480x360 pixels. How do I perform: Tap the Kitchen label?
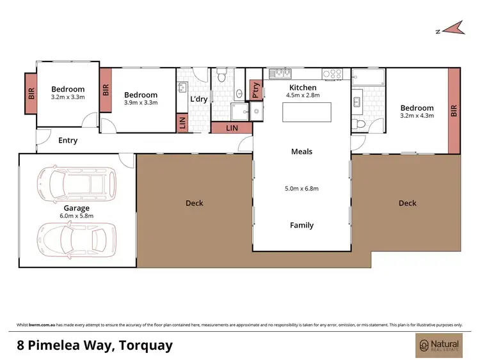(303, 87)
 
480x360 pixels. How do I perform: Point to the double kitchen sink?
(280, 73)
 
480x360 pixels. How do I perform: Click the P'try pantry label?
(256, 90)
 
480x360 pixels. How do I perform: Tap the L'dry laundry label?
(199, 99)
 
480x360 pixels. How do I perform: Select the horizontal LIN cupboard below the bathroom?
(231, 129)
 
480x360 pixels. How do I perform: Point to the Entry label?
(67, 141)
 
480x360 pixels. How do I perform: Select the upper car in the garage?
(76, 183)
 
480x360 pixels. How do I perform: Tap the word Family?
(301, 225)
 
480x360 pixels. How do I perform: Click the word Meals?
(301, 152)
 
